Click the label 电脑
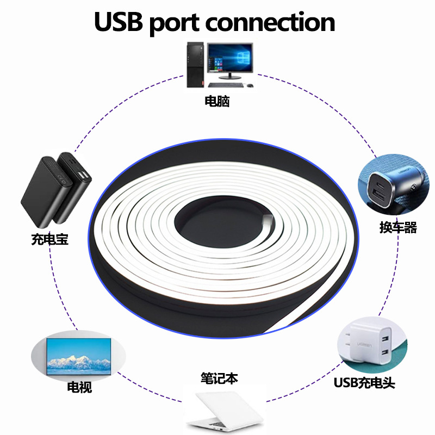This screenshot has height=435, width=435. [217, 101]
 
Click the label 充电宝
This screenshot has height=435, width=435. [50, 239]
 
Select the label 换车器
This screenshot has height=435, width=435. [398, 227]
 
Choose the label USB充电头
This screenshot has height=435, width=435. [364, 383]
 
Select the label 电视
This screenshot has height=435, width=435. [79, 388]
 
